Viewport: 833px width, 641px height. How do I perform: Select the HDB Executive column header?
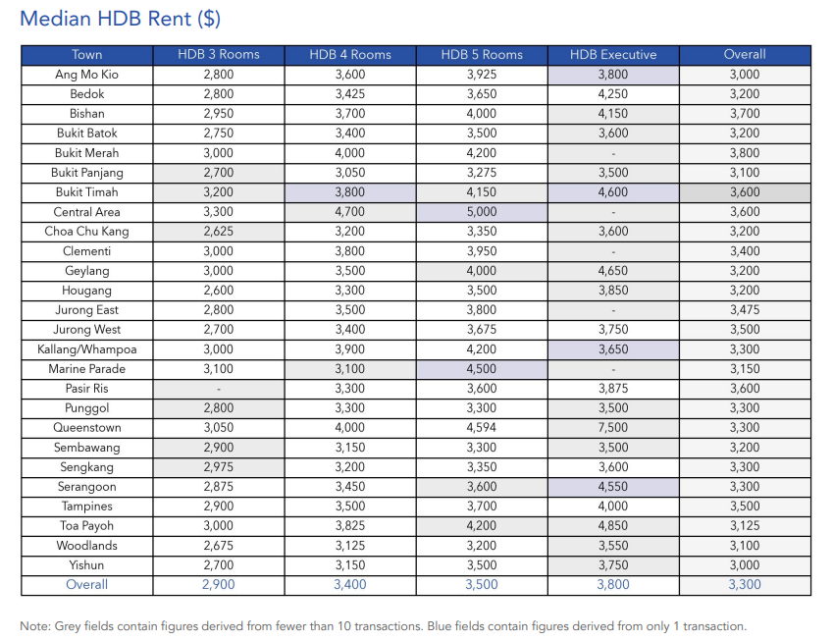[613, 55]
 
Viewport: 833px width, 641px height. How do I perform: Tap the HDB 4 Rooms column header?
[350, 55]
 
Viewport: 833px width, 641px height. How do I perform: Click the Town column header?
[86, 55]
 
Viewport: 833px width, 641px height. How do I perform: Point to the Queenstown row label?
[86, 428]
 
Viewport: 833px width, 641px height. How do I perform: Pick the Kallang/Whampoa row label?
[86, 349]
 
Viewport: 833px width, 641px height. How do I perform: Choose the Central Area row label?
[86, 212]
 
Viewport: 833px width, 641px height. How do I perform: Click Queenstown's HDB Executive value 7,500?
[613, 428]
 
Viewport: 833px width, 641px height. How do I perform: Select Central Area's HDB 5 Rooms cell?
[482, 212]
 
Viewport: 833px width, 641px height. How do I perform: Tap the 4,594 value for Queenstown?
[482, 428]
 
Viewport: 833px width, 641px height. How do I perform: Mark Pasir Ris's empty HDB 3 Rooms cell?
[219, 389]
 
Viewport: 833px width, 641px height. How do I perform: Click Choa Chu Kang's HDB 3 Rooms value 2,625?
[219, 232]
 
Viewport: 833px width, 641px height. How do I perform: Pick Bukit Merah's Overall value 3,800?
[745, 153]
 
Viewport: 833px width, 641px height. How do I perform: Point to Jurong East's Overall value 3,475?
[745, 310]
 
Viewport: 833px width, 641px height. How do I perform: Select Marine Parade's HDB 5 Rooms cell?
[482, 369]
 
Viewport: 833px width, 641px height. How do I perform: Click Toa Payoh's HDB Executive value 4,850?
[613, 526]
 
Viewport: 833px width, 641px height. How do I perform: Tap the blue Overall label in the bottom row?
[86, 585]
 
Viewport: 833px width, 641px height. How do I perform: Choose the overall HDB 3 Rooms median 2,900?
[219, 585]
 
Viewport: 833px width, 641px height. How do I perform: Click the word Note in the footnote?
[34, 626]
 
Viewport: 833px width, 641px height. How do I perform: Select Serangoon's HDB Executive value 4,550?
[613, 487]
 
